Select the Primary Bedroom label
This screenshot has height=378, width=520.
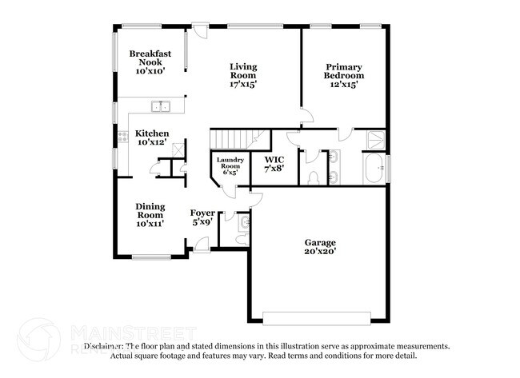click(x=344, y=72)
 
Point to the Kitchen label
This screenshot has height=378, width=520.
click(x=151, y=133)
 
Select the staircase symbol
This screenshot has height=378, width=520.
click(x=236, y=138)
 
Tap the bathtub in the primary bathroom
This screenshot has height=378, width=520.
click(x=373, y=169)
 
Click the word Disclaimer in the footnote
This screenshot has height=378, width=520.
click(x=106, y=346)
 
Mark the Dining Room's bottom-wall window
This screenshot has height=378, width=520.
click(x=150, y=257)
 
